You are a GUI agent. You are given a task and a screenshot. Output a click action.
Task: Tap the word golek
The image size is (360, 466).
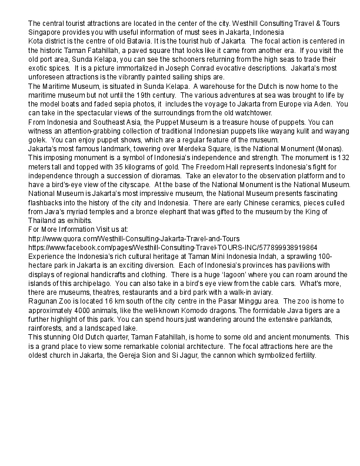38,139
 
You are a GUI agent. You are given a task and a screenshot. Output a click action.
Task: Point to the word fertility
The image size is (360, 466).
303,355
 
